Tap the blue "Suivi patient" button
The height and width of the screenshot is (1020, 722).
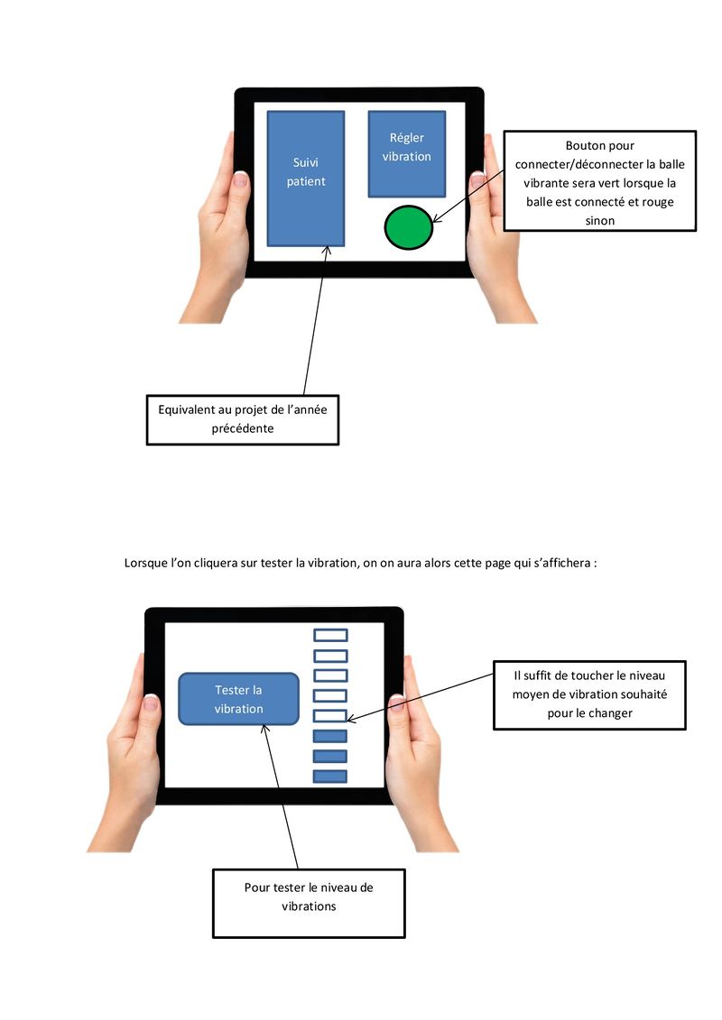pyautogui.click(x=306, y=178)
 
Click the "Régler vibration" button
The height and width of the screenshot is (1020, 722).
pyautogui.click(x=406, y=153)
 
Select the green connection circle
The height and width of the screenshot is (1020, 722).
pyautogui.click(x=409, y=226)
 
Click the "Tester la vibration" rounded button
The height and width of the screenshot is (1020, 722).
pyautogui.click(x=238, y=699)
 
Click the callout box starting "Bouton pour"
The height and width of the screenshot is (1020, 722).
pyautogui.click(x=599, y=180)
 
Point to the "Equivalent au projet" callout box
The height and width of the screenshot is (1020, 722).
pyautogui.click(x=242, y=419)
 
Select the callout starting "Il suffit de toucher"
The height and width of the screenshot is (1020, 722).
pyautogui.click(x=589, y=694)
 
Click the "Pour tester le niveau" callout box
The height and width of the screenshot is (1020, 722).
pyautogui.click(x=309, y=903)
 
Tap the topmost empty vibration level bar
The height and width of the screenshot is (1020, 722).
pyautogui.click(x=329, y=636)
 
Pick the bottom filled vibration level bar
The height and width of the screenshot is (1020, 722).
pyautogui.click(x=329, y=776)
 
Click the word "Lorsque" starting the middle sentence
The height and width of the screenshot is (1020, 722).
pyautogui.click(x=145, y=564)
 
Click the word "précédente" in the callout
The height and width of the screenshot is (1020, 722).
pyautogui.click(x=242, y=428)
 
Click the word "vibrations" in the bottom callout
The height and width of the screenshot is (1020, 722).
pyautogui.click(x=309, y=905)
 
